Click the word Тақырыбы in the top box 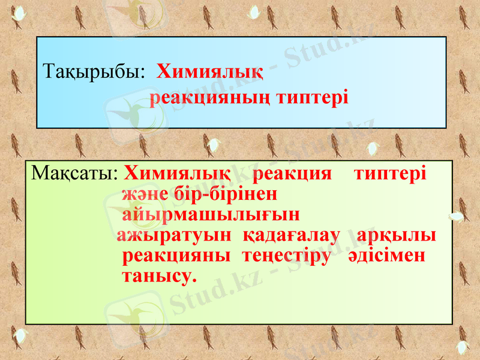point(94,74)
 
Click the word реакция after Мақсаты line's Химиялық point(292,175)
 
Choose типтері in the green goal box point(390,175)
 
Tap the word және point(139,195)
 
